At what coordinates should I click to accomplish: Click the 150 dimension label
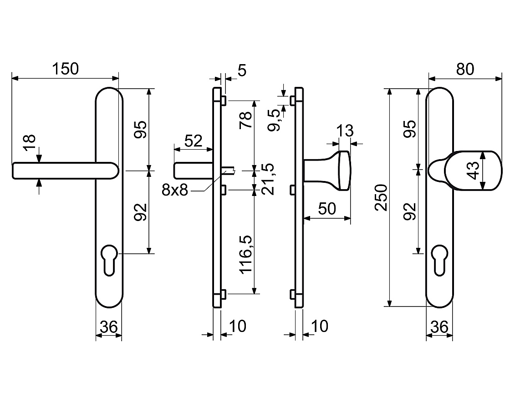(66, 69)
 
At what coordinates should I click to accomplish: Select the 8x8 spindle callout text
(175, 190)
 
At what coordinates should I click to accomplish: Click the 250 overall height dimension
(381, 197)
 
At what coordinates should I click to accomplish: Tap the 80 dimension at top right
(465, 69)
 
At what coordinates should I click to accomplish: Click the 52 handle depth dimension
(193, 141)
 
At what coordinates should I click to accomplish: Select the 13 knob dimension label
(345, 130)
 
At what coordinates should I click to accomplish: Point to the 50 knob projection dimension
(327, 209)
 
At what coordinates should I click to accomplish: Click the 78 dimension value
(246, 120)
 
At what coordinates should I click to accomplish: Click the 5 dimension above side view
(242, 70)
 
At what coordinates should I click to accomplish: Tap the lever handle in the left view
(65, 171)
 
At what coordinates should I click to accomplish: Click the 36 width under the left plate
(109, 327)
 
